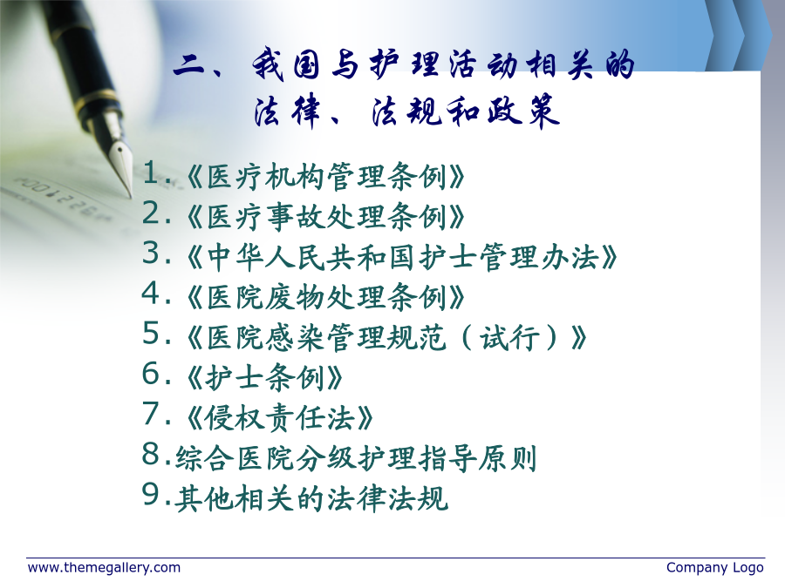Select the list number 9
click(151, 494)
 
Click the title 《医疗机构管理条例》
click(326, 177)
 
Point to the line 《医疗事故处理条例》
click(326, 217)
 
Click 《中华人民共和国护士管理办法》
click(402, 257)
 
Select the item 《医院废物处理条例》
click(326, 297)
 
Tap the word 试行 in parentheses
click(509, 337)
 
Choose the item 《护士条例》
click(265, 377)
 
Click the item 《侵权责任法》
click(280, 417)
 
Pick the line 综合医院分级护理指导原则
click(356, 458)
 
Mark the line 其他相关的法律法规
click(311, 498)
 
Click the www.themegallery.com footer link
click(104, 568)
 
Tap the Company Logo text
click(715, 568)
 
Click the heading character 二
click(190, 66)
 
